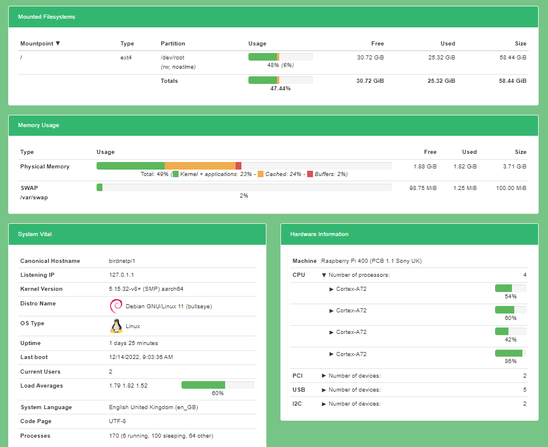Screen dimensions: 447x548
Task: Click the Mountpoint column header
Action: click(x=40, y=44)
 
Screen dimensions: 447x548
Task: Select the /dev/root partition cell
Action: click(x=172, y=58)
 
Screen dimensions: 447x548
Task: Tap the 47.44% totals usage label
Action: click(x=280, y=89)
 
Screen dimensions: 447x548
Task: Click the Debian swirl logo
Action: click(x=116, y=306)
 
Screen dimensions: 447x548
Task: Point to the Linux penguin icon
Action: click(x=116, y=326)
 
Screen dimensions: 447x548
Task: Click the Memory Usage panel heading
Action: click(x=38, y=125)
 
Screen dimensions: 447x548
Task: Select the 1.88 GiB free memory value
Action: click(x=425, y=167)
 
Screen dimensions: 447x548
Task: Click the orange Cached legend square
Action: click(x=261, y=174)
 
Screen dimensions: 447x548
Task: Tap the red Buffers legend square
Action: click(x=310, y=174)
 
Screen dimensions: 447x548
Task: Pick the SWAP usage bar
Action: click(x=244, y=188)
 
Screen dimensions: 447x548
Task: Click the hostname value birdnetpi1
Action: click(x=122, y=261)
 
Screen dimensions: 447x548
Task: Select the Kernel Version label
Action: click(x=41, y=289)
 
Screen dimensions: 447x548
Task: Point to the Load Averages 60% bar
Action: click(x=218, y=385)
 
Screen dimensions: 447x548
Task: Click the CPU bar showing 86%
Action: click(x=510, y=353)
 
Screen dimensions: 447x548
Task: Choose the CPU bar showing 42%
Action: click(x=510, y=331)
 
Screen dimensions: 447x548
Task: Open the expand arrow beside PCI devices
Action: click(x=324, y=376)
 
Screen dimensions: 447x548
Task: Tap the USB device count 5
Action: click(x=524, y=390)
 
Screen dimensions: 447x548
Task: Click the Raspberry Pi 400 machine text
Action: click(x=371, y=261)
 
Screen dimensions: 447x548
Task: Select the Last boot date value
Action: click(x=141, y=357)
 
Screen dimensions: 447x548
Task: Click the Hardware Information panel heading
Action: click(x=319, y=234)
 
